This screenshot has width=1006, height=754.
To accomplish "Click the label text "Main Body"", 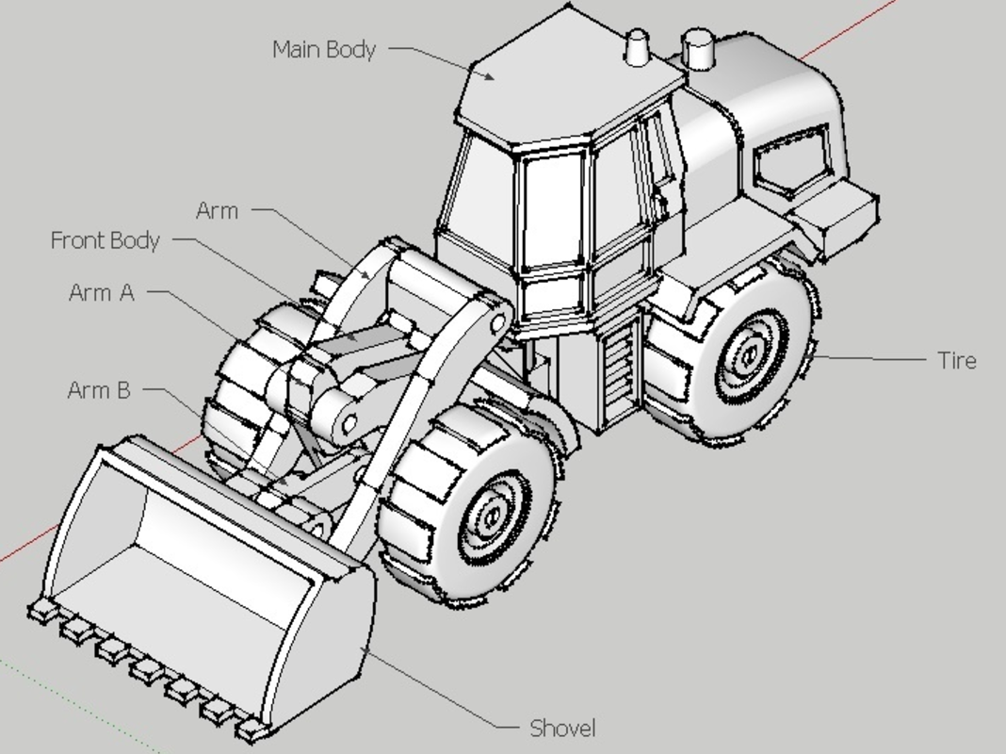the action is click(x=324, y=49).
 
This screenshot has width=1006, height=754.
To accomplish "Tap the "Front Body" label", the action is click(x=105, y=240).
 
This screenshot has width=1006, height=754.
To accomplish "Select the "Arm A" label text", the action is click(x=102, y=292).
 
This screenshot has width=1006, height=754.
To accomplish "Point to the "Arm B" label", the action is click(x=99, y=390).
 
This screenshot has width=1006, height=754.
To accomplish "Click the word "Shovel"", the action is click(x=562, y=729).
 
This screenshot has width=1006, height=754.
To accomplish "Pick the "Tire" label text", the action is click(x=957, y=361).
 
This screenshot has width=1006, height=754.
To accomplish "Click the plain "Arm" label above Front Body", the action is click(x=217, y=210).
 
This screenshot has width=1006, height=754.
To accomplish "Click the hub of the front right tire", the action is click(x=493, y=516).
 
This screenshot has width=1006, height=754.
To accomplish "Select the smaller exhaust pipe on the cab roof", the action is click(x=637, y=47).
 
